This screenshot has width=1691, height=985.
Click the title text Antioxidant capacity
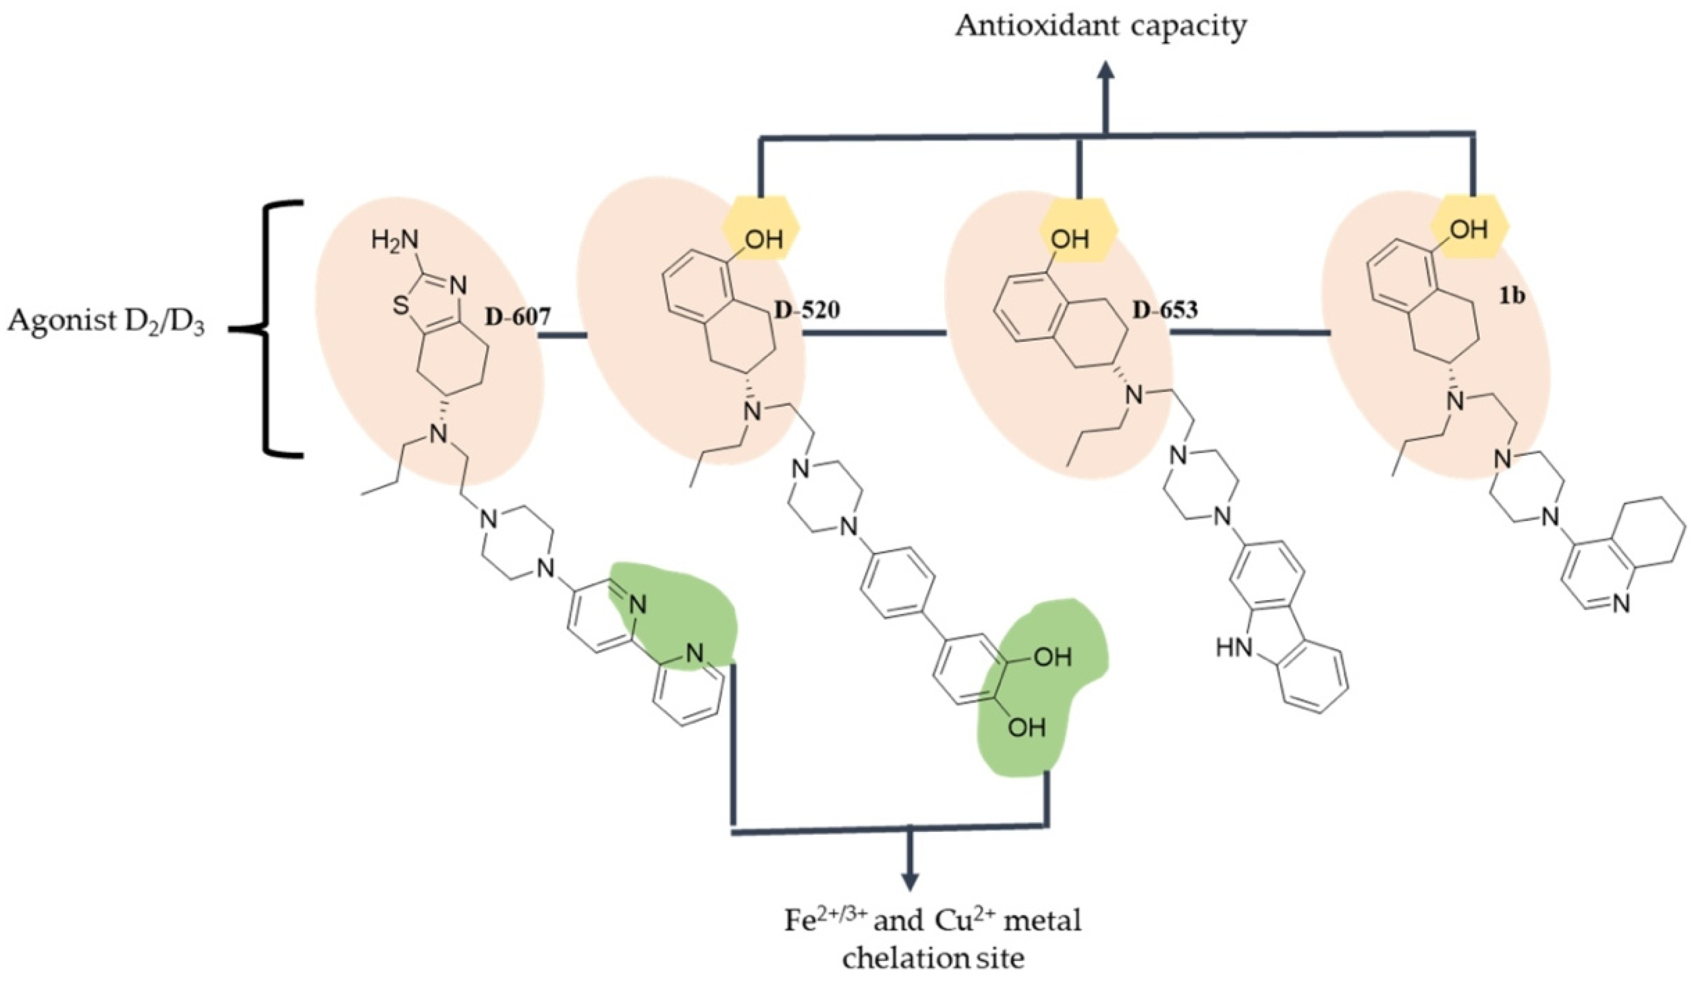1101,27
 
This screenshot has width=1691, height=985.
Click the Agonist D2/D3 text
106,325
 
